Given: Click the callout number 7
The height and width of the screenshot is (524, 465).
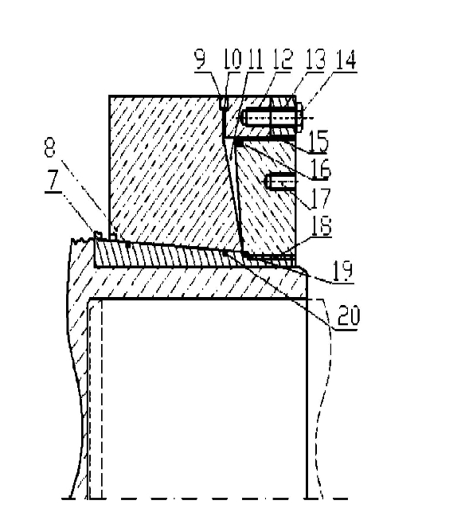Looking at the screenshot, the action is point(53,182).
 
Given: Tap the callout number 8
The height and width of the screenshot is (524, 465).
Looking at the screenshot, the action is point(49,147).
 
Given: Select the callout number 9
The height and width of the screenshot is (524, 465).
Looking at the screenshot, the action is point(200,60).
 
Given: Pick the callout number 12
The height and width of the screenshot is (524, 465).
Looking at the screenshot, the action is point(283,60).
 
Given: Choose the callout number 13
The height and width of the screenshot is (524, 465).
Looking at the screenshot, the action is point(315,60).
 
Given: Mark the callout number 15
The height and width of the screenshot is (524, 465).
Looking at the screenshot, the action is point(318,142).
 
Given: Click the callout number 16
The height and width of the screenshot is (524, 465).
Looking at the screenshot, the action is point(321,169).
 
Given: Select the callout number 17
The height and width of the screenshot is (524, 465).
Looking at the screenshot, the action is point(320,197).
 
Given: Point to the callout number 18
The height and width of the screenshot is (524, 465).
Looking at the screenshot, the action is point(322,226).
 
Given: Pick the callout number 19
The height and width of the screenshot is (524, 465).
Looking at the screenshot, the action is point(342,271).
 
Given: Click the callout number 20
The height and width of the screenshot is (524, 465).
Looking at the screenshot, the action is point(349,315).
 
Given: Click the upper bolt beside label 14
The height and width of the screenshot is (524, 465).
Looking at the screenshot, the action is point(273,118).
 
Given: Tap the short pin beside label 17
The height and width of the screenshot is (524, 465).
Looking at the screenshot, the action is point(280,182).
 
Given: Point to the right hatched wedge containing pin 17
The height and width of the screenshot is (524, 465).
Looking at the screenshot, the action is point(268,201).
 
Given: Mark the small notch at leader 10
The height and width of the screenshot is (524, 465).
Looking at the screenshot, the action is point(225,103).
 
